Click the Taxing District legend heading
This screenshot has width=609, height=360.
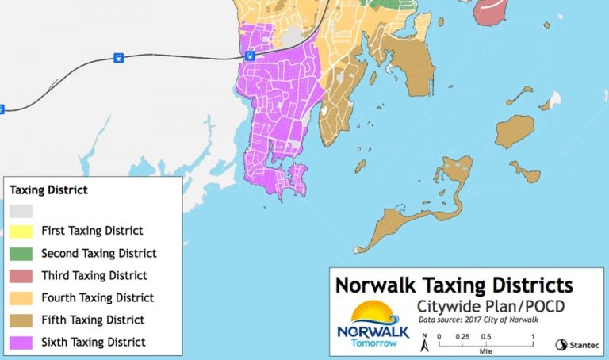coord(47,190)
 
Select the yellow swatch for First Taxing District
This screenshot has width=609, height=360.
coord(21,231)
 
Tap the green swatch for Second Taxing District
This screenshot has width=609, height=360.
coord(21,254)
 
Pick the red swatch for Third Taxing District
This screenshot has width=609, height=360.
coord(21,276)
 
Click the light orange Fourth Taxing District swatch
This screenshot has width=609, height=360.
coord(21,298)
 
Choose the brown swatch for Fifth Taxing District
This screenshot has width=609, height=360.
coord(21,320)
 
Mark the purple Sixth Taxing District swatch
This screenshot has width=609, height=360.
coord(21,343)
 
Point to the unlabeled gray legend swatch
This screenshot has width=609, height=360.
coord(21,210)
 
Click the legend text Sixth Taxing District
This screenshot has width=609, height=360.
coord(94,343)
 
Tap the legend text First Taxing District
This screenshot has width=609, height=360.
coord(92,231)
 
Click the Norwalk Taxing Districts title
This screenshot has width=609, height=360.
coord(454,285)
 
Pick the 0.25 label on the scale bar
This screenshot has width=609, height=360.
coord(462,336)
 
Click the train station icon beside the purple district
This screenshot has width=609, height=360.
coord(249,56)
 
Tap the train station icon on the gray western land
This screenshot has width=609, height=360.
coord(118,57)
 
